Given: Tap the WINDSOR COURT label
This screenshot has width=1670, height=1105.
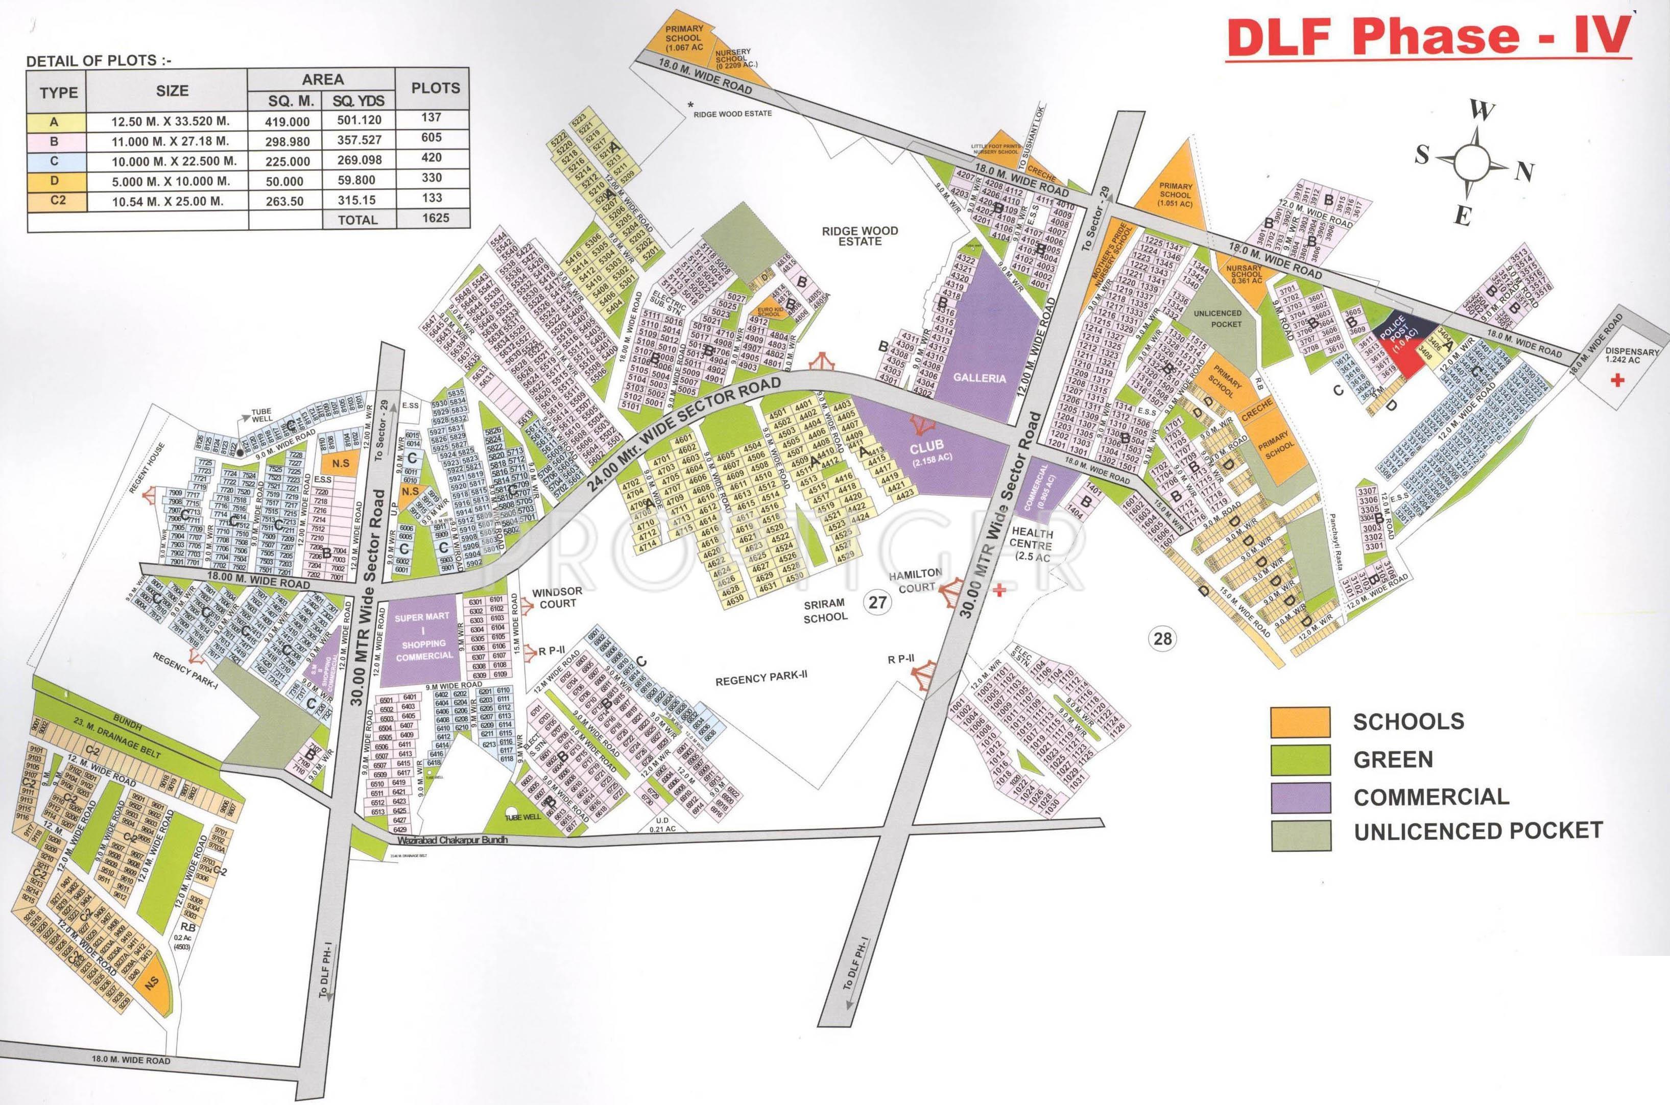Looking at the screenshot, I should (553, 597).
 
